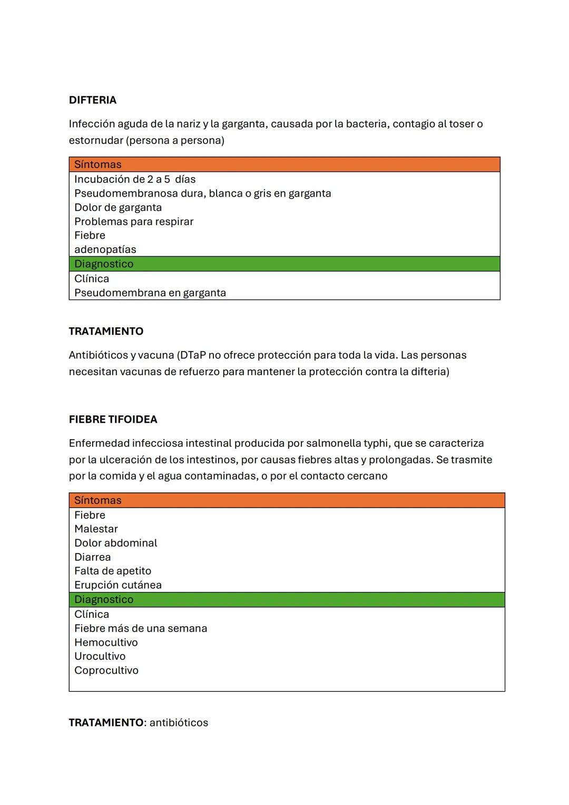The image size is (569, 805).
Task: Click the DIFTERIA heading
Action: [93, 100]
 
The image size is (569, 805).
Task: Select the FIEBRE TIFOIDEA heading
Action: [113, 420]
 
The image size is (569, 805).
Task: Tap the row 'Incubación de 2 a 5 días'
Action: [135, 179]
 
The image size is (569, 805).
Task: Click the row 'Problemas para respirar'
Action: [134, 221]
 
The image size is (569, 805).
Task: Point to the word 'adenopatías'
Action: [105, 249]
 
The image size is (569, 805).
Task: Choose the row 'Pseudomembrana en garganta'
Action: [150, 293]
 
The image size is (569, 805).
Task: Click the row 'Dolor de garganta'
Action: [118, 207]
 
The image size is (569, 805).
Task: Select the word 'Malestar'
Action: [96, 529]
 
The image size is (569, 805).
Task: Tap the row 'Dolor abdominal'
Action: [116, 543]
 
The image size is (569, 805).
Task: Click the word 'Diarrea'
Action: [93, 557]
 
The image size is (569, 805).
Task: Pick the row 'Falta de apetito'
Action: [113, 571]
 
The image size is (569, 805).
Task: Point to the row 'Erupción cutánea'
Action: [118, 585]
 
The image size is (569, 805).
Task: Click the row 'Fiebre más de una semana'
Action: [141, 628]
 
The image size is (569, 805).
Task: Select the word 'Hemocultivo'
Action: [106, 643]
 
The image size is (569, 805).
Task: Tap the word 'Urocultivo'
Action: [100, 656]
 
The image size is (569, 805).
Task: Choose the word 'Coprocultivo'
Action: [106, 671]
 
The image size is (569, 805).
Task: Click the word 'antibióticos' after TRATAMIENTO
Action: [179, 723]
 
